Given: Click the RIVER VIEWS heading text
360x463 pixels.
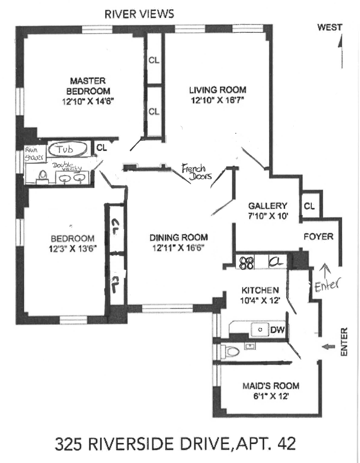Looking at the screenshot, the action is click(139, 14).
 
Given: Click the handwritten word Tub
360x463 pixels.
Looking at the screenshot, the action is click(65, 149).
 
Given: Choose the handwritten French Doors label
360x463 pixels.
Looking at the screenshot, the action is click(193, 172).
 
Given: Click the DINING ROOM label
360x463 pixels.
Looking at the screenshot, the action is click(178, 238).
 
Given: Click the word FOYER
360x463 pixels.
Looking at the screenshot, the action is click(318, 237).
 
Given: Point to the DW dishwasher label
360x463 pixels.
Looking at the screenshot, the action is click(277, 330).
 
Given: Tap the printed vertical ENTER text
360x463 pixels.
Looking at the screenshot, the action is click(344, 343).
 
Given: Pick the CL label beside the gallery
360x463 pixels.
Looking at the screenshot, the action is click(309, 206).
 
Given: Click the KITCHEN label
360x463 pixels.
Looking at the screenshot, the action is click(262, 290).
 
